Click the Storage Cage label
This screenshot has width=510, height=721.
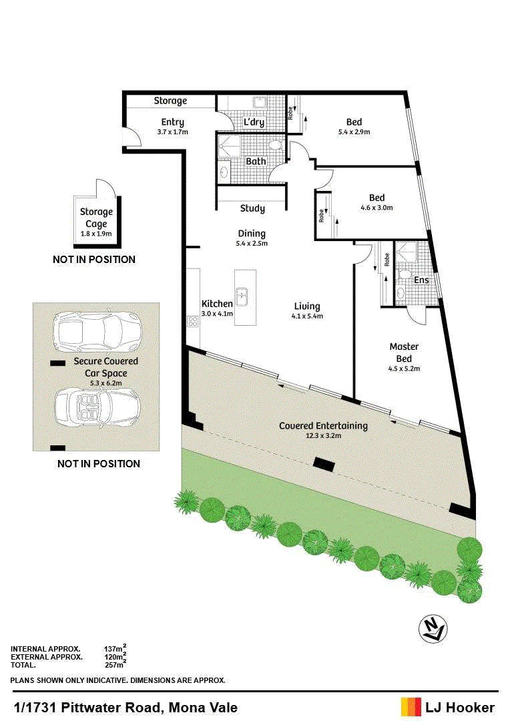[x=96, y=218]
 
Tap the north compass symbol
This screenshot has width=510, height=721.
[x=433, y=630]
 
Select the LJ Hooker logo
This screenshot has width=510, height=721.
[x=448, y=707]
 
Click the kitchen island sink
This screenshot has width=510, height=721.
[x=242, y=296]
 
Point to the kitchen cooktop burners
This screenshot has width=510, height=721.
[x=192, y=321]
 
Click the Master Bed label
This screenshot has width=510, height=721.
[x=405, y=352]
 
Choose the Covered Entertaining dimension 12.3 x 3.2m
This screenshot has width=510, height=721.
[x=324, y=435]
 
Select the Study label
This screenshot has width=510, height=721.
[x=252, y=208]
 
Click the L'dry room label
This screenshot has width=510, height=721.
[x=254, y=122]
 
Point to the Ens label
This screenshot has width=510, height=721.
[x=421, y=280]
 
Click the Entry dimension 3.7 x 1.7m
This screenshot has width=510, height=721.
[x=172, y=132]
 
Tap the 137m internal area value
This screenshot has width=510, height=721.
[x=115, y=648]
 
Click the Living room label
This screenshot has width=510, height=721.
[x=307, y=306]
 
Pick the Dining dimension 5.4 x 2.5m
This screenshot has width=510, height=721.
[x=252, y=244]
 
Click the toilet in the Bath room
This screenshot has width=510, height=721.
[x=275, y=146]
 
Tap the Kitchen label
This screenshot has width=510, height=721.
[x=217, y=304]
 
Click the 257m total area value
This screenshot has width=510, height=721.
[x=115, y=665]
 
